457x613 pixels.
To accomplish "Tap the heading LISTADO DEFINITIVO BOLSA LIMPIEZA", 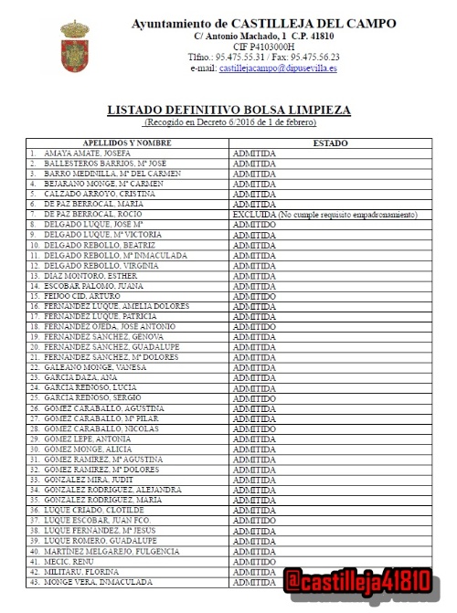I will pyautogui.click(x=228, y=110).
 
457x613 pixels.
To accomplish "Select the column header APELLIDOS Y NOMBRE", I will pyautogui.click(x=128, y=143).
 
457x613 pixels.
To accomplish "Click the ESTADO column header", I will pyautogui.click(x=330, y=143).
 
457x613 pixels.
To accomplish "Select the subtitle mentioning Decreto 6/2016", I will pyautogui.click(x=228, y=122).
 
